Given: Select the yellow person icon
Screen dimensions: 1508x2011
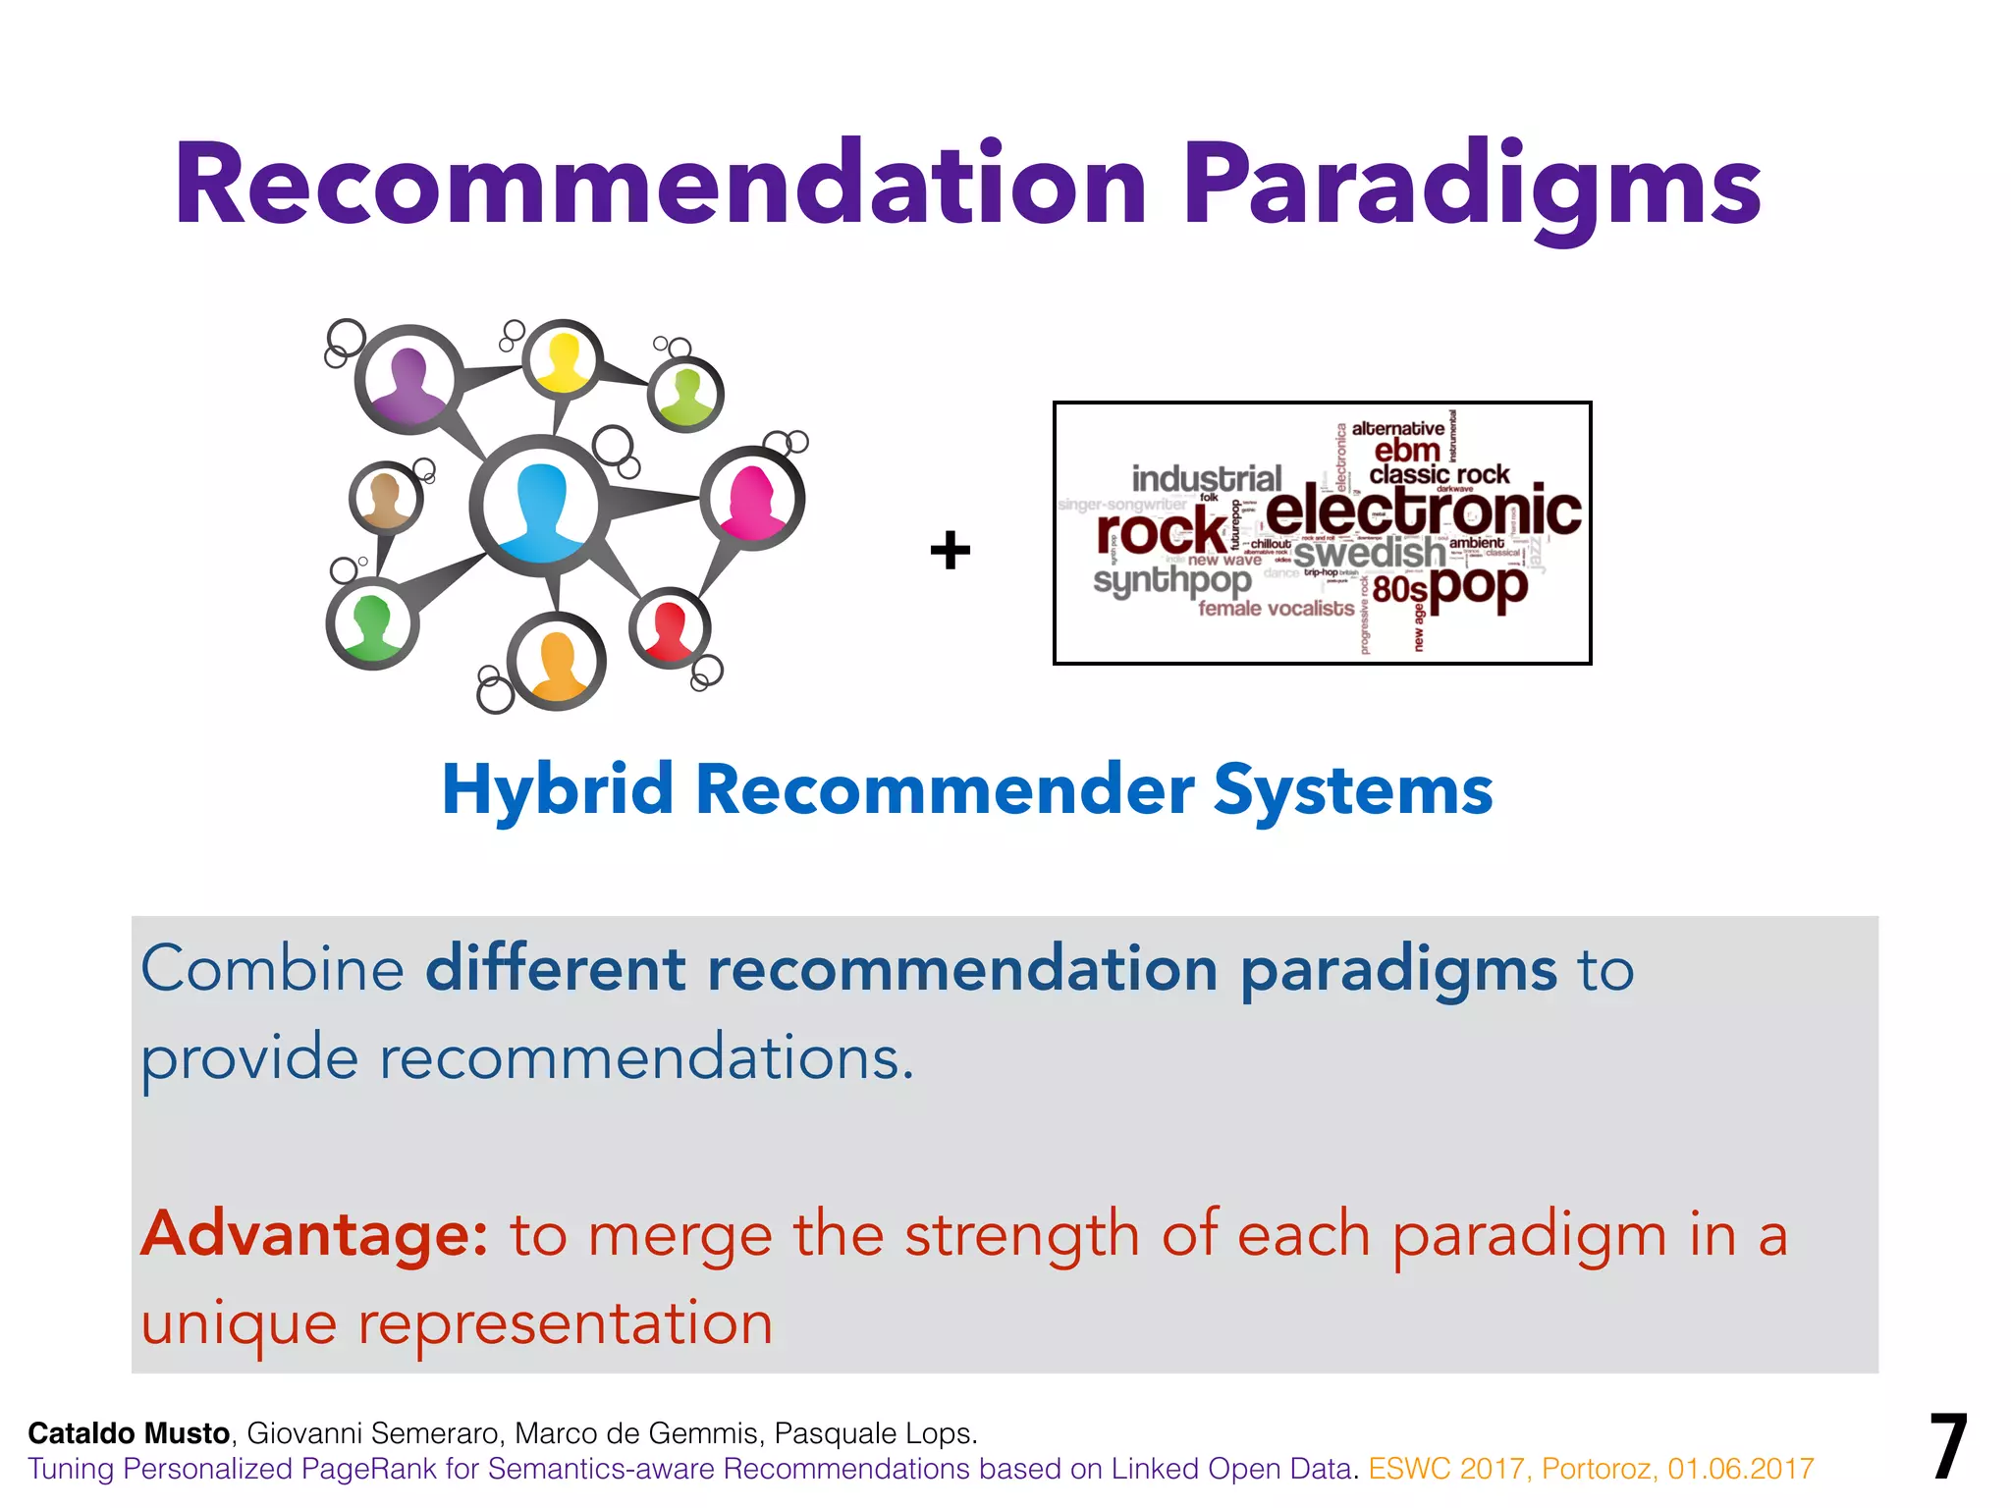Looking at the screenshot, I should click(562, 361).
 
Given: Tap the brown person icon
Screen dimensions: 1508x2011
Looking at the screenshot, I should click(386, 499).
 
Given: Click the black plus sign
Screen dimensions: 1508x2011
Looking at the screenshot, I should click(950, 550).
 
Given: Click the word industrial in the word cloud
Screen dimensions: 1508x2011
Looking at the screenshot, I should click(1207, 479).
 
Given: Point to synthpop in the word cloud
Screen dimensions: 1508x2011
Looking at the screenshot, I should click(1172, 581).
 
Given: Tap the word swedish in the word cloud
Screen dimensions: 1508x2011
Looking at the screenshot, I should click(1369, 554).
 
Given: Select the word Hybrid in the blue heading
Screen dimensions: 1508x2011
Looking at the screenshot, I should click(557, 789).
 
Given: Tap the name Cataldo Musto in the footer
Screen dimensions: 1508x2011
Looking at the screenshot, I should click(129, 1433).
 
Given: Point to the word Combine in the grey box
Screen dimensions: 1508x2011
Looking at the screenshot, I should click(272, 969).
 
